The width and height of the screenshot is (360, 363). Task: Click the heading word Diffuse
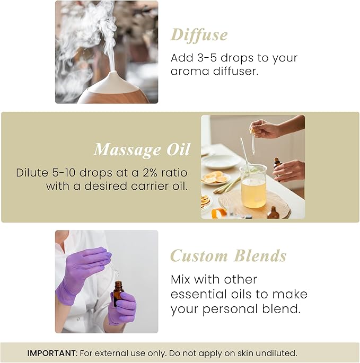pos(199,35)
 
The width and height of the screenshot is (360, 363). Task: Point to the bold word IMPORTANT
pos(51,353)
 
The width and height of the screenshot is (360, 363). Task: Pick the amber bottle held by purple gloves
pos(118,294)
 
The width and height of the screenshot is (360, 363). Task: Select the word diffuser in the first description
pos(236,71)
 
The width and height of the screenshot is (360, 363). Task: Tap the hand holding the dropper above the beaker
pos(265,128)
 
